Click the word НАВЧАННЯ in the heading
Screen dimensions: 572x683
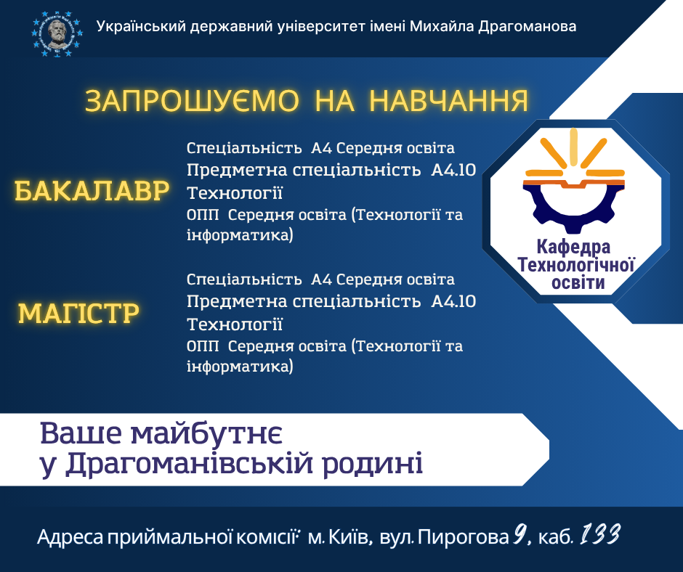[448, 102]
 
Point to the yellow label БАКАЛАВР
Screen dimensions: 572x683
[92, 192]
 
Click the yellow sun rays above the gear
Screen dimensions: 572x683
[574, 149]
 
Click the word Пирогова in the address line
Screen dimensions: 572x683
[464, 538]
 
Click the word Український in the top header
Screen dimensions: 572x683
[140, 27]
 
